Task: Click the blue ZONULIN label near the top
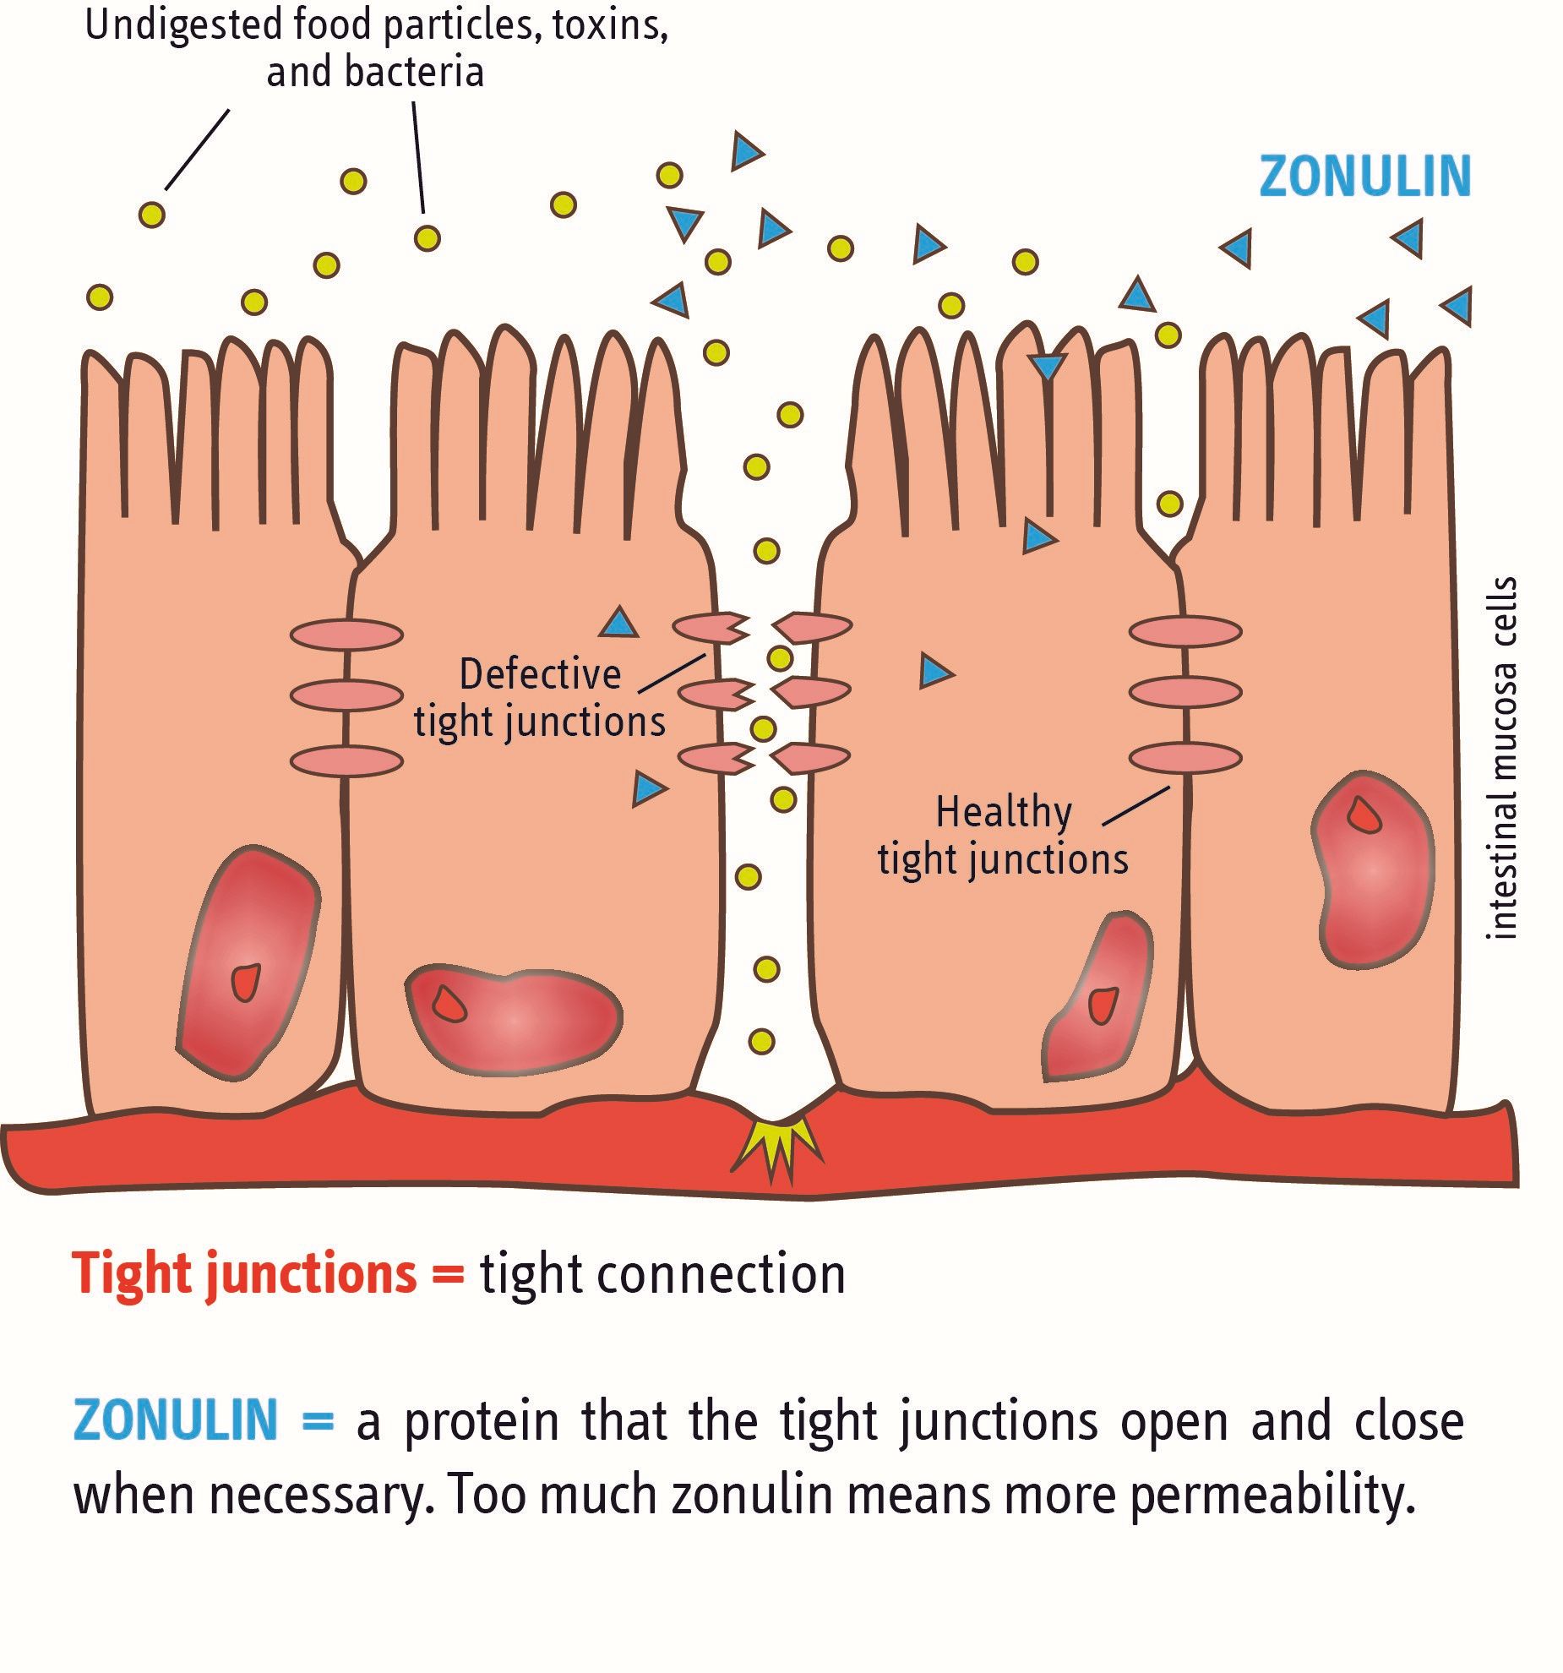pos(1364,177)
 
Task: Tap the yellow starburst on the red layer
pos(775,1147)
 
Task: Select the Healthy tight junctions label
pos(1003,836)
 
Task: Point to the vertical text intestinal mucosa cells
pos(1501,758)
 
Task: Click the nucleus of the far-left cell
pos(248,962)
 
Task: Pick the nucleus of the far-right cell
pos(1372,869)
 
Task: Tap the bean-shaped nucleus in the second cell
pos(514,1019)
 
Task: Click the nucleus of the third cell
pos(1097,996)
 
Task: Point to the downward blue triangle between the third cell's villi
pos(1048,367)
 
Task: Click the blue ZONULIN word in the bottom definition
pos(176,1420)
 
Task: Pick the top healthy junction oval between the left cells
pos(346,634)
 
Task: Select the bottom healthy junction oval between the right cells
pos(1185,757)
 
